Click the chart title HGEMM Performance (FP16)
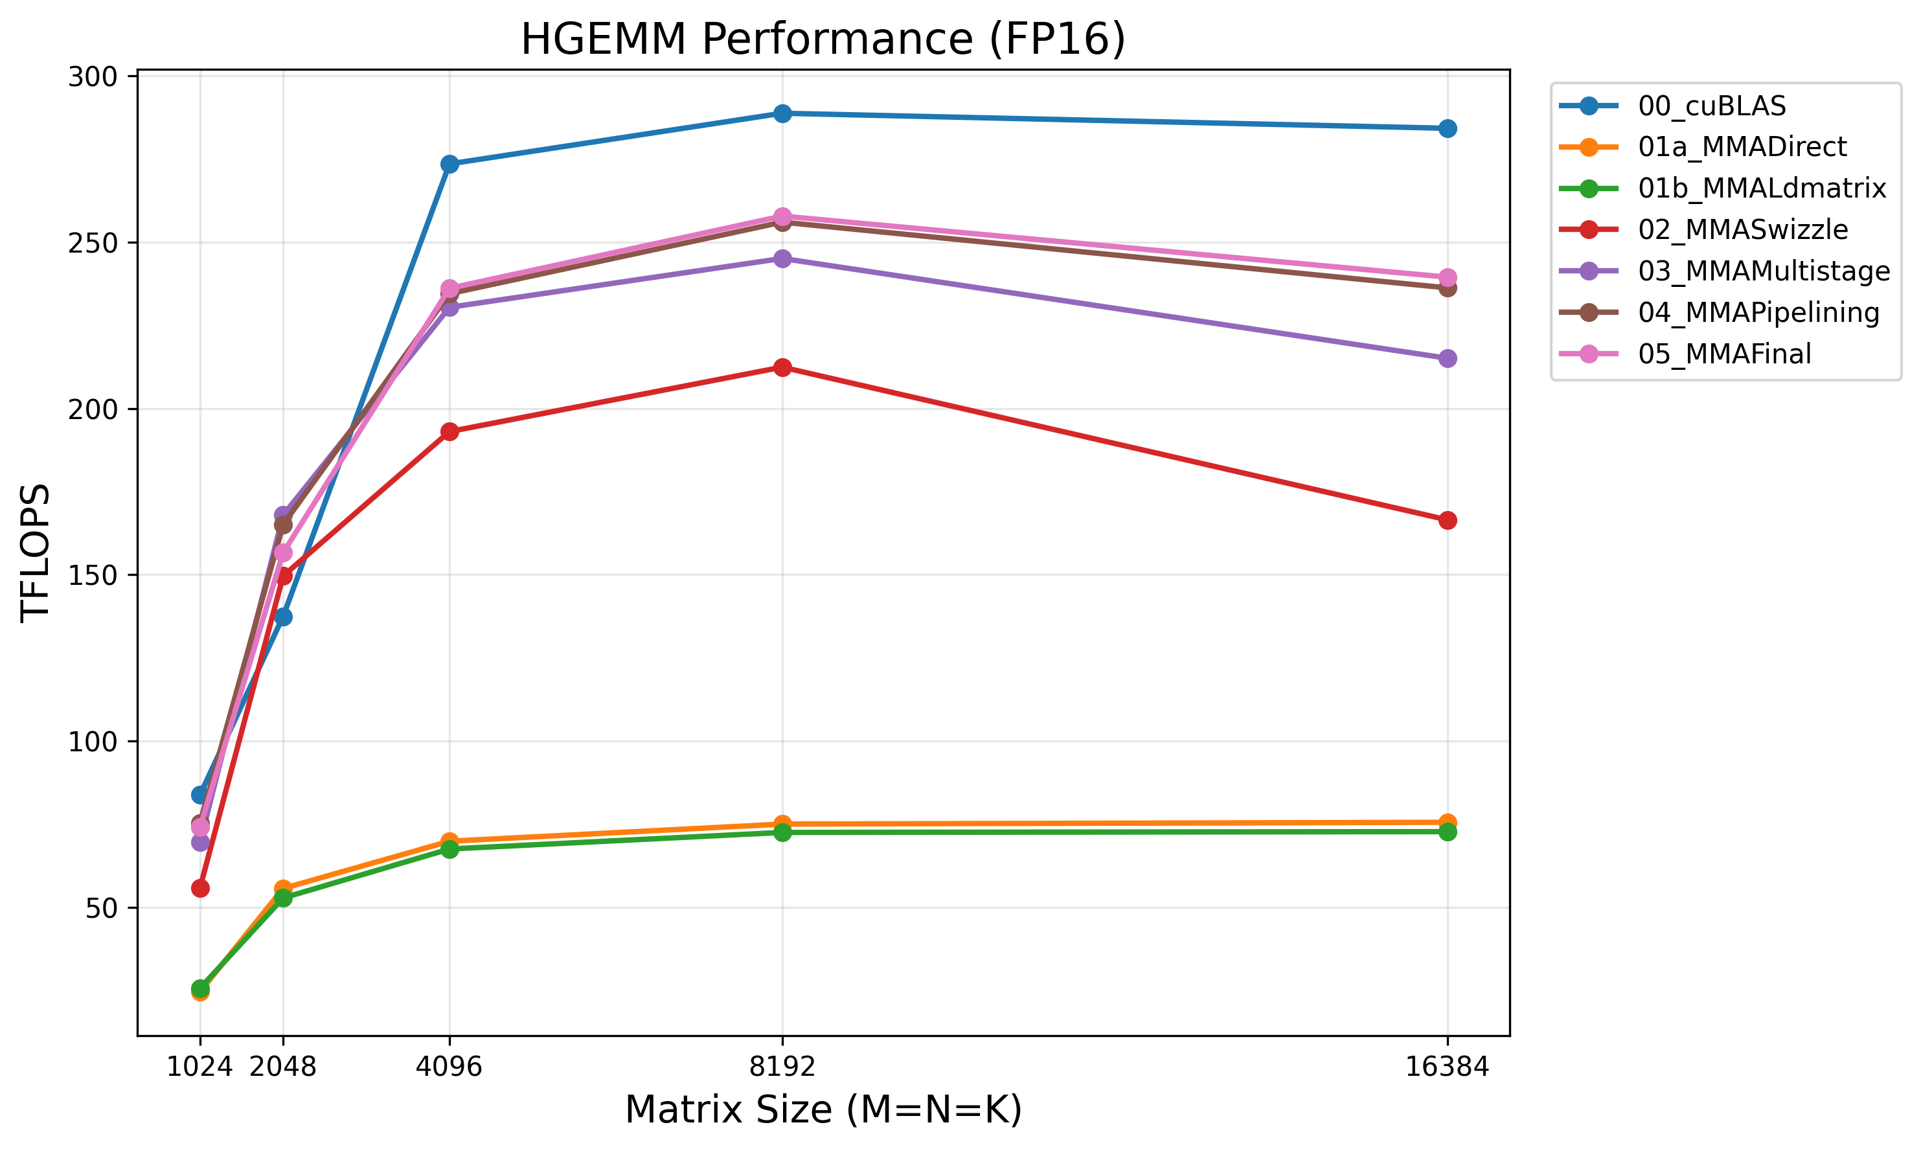823,39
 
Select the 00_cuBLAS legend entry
1711,106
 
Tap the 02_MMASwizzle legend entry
1742,230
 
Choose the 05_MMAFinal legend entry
1723,354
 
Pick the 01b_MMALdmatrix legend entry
1762,188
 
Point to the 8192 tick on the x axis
782,1067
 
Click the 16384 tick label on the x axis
1446,1067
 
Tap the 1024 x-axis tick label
199,1067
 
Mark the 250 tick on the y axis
92,243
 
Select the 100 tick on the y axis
92,742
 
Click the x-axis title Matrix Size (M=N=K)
823,1109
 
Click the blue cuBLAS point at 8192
782,114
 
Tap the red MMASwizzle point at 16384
1447,520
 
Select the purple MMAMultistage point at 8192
782,258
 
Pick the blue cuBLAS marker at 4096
449,164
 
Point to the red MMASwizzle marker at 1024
199,888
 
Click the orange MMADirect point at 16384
1447,823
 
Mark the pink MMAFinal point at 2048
282,553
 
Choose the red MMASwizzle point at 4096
449,431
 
